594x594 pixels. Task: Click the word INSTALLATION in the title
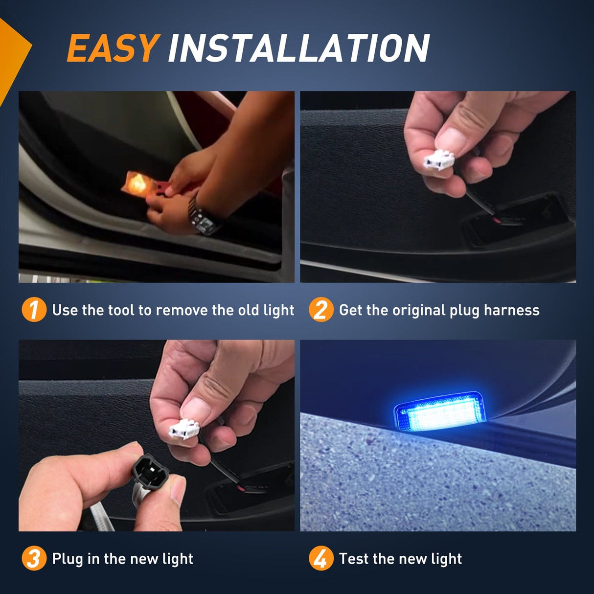[x=298, y=48]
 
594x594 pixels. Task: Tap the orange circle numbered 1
[x=34, y=310]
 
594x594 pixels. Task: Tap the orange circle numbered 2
[x=320, y=310]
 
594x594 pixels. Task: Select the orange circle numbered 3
[x=34, y=558]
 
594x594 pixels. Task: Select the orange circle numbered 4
[x=320, y=558]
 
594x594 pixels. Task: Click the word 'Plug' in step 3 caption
[x=68, y=559]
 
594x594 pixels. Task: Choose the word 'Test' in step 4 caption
[x=354, y=559]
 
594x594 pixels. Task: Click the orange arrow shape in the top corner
[x=12, y=54]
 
